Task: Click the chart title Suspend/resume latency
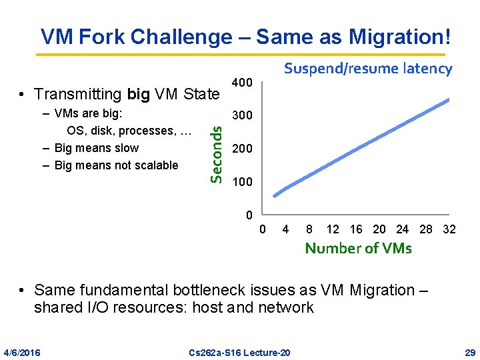[368, 68]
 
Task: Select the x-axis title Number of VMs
[358, 249]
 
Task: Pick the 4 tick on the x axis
[285, 229]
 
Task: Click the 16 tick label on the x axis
[356, 229]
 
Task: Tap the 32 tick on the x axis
[449, 229]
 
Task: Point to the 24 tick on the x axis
[403, 229]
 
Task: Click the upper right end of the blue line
[448, 100]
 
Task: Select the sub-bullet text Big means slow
[97, 148]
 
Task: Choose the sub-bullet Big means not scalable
[116, 165]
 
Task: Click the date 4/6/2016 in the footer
[21, 351]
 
